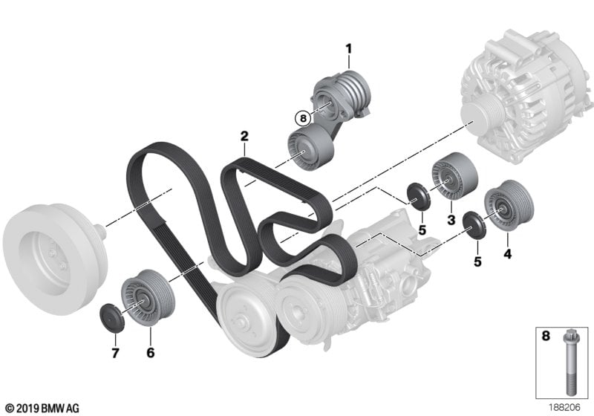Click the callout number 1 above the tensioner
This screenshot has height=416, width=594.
pos(348,49)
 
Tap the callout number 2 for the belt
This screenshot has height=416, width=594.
pos(244,136)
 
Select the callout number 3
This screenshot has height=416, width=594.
pos(451,220)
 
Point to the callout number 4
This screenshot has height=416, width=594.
pos(507,253)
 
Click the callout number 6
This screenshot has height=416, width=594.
pos(151,352)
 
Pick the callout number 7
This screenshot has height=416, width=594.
pos(115,353)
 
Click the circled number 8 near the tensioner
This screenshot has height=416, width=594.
pos(303,118)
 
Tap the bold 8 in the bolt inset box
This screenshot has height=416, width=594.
pos(546,336)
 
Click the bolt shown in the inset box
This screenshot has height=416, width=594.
pos(570,363)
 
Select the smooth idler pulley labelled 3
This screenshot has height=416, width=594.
pos(454,177)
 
